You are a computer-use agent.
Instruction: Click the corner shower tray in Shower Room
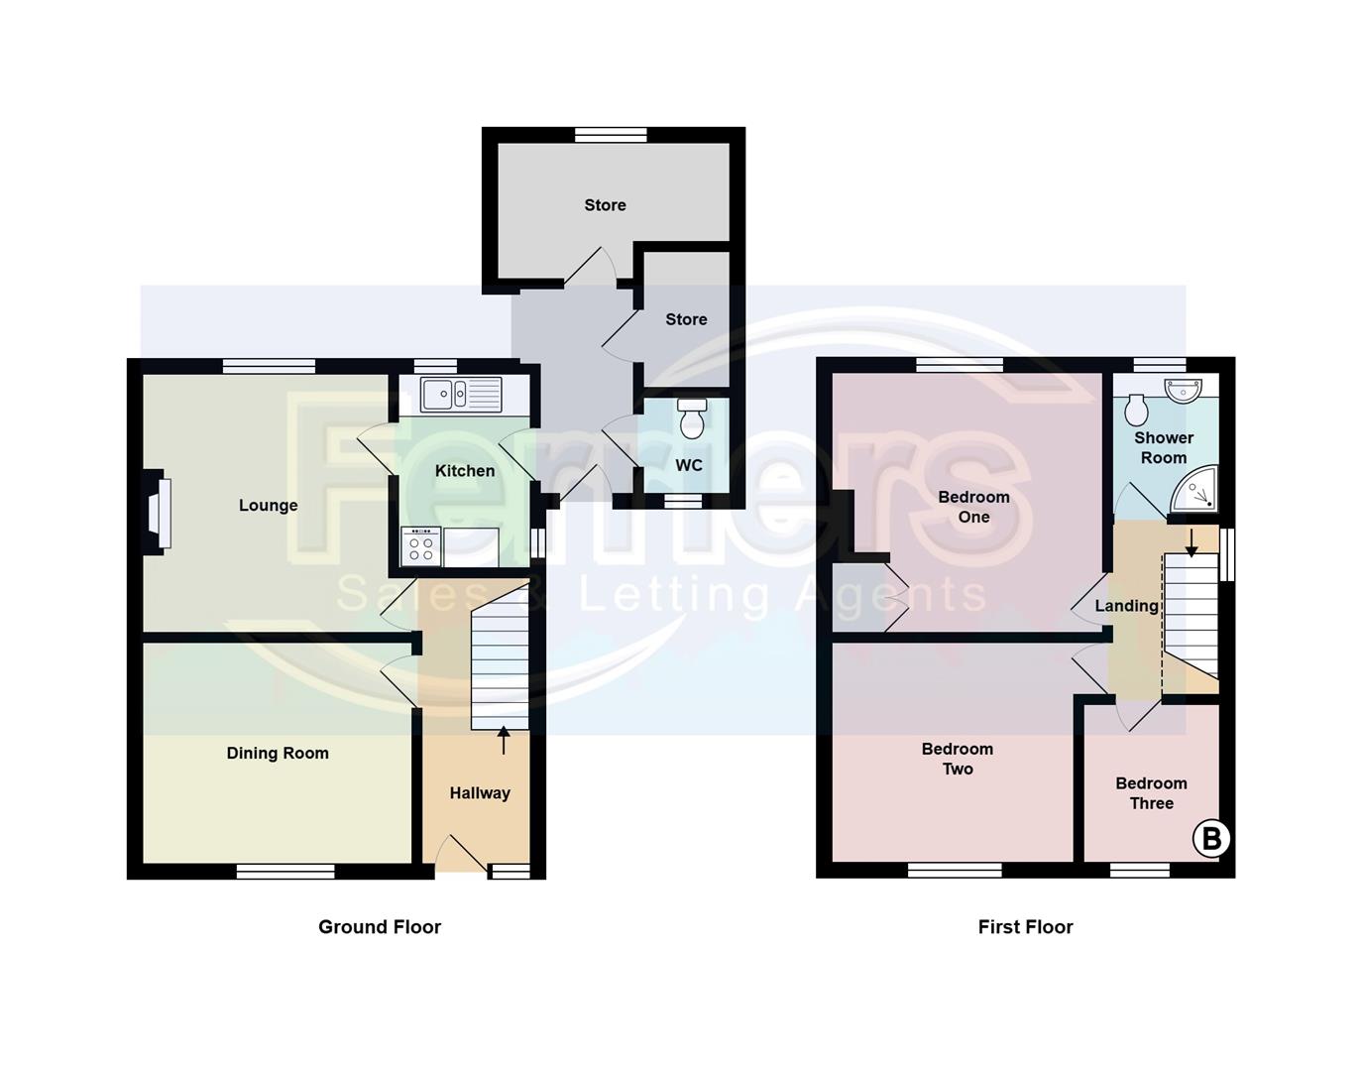point(1195,490)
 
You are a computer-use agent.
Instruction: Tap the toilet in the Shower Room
point(1137,409)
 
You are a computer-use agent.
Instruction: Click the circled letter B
point(1210,839)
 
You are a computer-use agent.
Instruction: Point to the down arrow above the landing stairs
point(1192,541)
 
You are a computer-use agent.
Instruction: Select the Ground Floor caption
point(379,927)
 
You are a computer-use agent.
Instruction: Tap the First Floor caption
point(1025,927)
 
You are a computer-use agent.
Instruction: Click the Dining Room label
point(278,754)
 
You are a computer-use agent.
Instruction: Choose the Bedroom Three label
point(1151,793)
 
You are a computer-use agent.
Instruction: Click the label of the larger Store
point(605,205)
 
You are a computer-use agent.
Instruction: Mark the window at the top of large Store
point(611,134)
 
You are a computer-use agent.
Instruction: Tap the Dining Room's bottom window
point(285,872)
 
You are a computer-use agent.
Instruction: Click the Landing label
point(1126,606)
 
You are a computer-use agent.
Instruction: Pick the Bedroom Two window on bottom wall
point(955,871)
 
